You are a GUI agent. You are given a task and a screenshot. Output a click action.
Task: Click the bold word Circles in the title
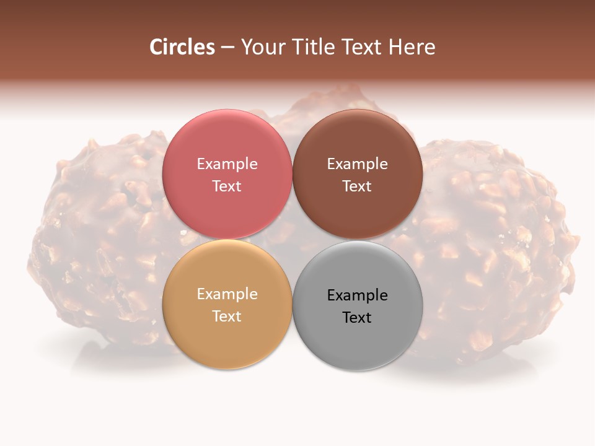(x=182, y=47)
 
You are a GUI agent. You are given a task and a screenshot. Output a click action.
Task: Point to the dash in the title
(x=227, y=48)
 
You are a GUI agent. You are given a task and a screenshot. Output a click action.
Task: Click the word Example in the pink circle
(x=227, y=164)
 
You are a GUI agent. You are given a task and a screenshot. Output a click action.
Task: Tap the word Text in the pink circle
(x=227, y=186)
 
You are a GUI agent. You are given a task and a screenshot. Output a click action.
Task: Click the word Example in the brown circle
(x=358, y=164)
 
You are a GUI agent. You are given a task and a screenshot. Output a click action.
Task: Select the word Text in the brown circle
(x=358, y=186)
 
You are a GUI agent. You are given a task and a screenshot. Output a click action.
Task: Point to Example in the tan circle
(x=227, y=294)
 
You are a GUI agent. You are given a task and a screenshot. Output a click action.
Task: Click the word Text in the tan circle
(x=227, y=316)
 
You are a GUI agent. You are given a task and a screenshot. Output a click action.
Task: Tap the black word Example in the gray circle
(x=358, y=295)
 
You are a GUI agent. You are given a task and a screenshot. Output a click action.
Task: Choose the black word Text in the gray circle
(x=358, y=317)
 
